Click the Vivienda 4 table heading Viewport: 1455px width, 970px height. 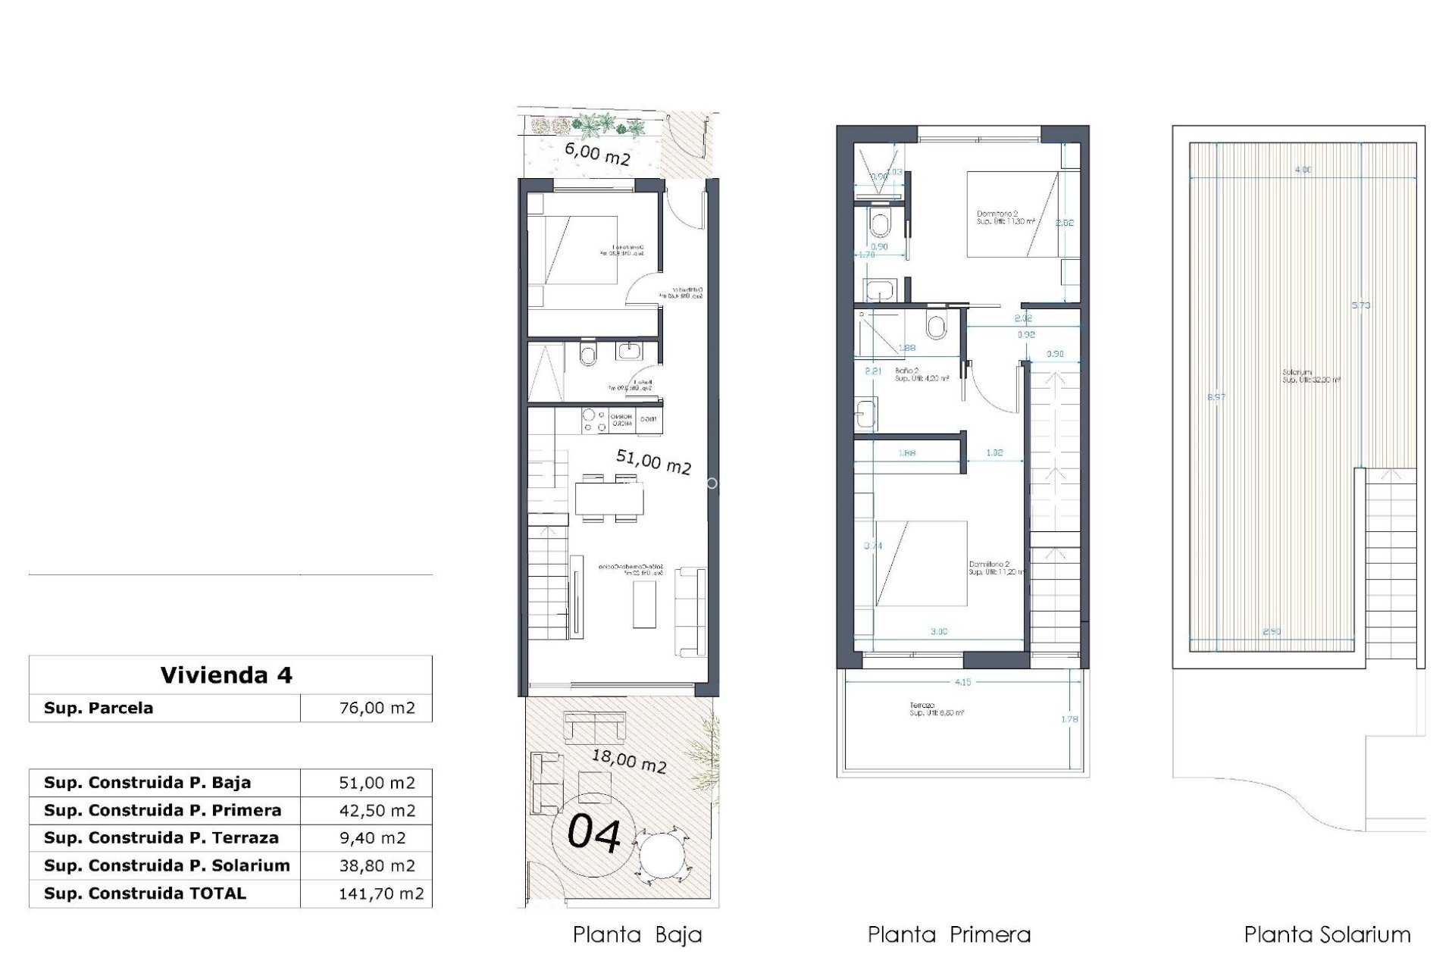(226, 675)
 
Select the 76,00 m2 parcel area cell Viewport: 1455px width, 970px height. (377, 708)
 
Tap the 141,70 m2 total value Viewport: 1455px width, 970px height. (380, 893)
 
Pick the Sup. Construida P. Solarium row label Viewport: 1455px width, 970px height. (167, 865)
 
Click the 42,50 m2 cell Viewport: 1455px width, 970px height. (377, 810)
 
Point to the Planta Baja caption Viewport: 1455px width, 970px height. (637, 934)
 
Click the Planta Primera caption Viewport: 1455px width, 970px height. (949, 934)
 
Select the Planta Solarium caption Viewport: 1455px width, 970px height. (1327, 934)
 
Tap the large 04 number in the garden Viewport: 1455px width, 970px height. (595, 833)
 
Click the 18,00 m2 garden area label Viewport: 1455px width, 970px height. (628, 760)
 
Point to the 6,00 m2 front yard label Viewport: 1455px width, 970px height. (597, 154)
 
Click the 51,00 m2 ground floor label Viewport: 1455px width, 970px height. (653, 462)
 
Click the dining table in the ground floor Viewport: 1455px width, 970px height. (609, 499)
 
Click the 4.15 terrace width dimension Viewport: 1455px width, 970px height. (962, 682)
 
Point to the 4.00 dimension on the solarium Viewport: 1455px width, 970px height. (1303, 170)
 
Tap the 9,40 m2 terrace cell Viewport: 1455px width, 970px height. (372, 838)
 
